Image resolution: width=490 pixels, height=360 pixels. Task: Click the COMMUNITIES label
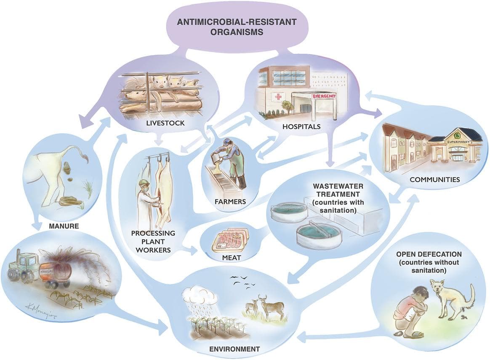coord(434,180)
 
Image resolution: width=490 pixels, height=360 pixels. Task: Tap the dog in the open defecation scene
coord(452,298)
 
